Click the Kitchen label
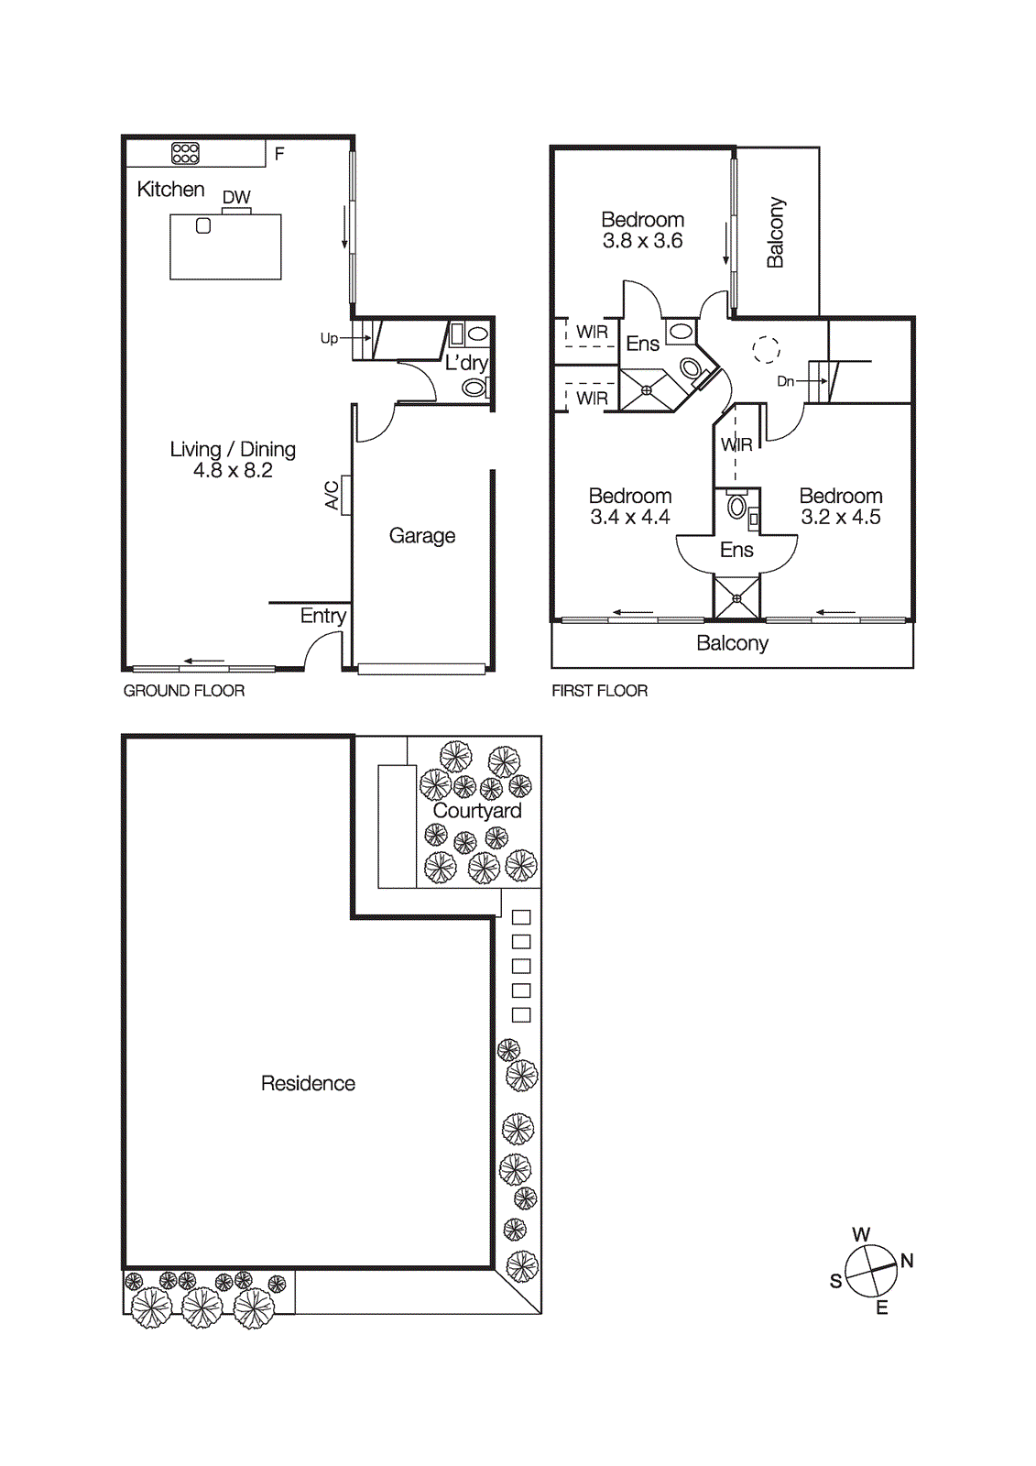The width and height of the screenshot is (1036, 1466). tap(170, 190)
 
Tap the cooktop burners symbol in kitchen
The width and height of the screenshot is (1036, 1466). tap(185, 153)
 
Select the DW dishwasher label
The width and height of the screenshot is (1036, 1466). tap(236, 197)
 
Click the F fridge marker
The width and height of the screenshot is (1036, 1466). tap(279, 154)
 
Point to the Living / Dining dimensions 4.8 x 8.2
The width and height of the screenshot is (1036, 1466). tap(233, 471)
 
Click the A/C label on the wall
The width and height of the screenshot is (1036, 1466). tap(332, 495)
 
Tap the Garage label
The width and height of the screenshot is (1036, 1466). tap(421, 536)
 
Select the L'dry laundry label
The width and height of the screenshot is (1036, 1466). tap(466, 363)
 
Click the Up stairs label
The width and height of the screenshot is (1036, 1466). tap(329, 338)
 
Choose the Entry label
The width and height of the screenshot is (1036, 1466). tap(322, 616)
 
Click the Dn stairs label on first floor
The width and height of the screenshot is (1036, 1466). tap(785, 381)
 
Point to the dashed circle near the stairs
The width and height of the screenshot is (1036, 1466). tap(766, 349)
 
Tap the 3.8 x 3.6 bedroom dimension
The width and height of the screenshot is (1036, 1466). tap(642, 241)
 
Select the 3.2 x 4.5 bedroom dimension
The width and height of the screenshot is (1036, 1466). tap(840, 517)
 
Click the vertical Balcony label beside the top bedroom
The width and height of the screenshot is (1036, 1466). tap(775, 232)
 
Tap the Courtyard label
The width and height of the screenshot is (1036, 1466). tap(476, 811)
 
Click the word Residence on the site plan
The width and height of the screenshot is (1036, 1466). tap(308, 1084)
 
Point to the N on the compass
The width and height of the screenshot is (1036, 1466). tap(907, 1261)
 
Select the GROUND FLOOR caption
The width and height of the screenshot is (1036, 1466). tap(184, 691)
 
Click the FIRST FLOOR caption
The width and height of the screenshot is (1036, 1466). tap(599, 691)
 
